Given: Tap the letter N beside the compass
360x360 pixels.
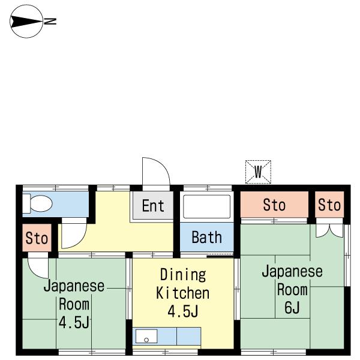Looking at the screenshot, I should point(52,22).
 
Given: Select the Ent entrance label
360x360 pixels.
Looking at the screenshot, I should point(153,206).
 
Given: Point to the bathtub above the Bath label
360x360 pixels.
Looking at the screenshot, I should point(206,206).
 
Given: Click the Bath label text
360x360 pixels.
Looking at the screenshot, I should point(206,238).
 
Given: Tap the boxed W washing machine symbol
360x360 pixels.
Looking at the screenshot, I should point(259,172).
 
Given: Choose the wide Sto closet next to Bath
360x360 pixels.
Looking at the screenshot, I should point(274,206).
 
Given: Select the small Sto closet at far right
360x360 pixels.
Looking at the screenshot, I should point(329,206).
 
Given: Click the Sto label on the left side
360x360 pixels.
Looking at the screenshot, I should point(37,239).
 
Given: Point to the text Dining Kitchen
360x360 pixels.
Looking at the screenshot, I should point(182,284).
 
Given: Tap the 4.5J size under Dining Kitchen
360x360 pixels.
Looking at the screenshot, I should point(182,312).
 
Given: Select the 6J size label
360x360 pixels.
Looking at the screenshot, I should point(292,308).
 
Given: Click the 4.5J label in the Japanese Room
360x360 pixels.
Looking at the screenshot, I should point(74,322).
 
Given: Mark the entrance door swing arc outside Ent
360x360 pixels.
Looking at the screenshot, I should point(155,172).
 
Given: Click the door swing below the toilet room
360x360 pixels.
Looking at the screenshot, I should point(73,236).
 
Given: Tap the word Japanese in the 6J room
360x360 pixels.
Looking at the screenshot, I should point(292,271).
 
